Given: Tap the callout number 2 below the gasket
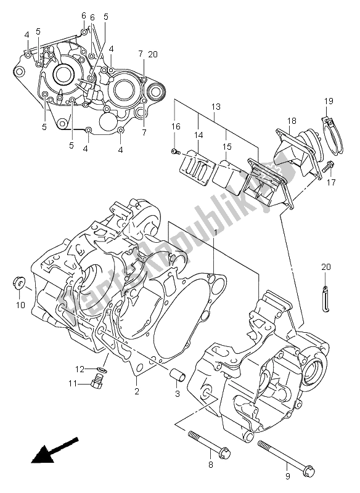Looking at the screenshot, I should point(136,389).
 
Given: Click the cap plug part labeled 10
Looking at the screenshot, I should point(18,283).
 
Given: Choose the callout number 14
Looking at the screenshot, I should point(198,134).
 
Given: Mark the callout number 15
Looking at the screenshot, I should point(227,147).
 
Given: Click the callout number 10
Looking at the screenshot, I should point(20,304).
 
